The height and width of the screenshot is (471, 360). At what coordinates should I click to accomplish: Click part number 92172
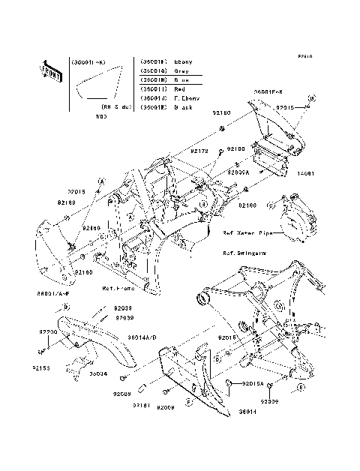(178, 151)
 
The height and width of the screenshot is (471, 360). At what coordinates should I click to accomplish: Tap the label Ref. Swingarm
(238, 253)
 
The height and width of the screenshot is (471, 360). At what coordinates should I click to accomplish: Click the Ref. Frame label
(119, 288)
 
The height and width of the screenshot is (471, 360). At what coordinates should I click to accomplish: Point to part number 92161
(142, 405)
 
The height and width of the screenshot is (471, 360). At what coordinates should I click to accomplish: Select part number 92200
(49, 330)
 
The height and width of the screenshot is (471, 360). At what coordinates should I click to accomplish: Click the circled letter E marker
(298, 387)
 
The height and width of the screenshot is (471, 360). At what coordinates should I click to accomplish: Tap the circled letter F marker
(188, 403)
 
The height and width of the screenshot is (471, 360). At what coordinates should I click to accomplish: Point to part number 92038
(123, 308)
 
